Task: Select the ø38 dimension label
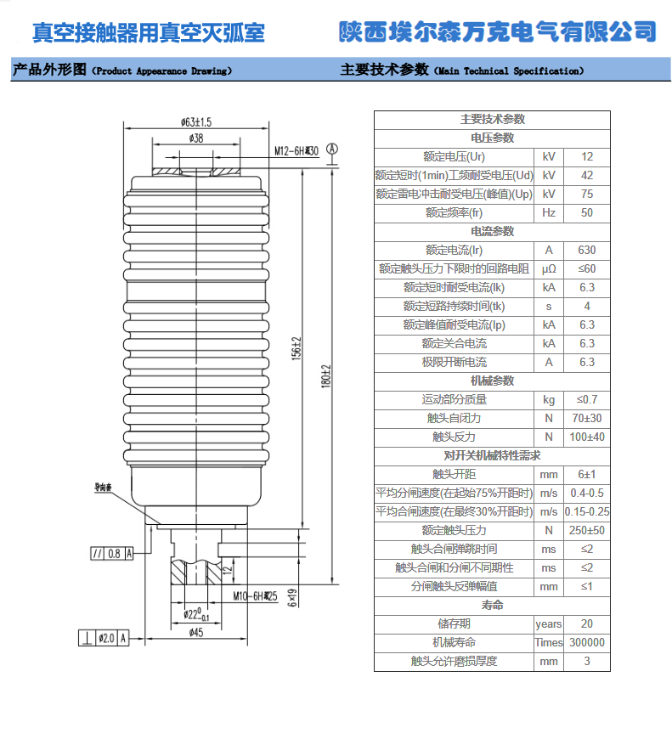click(x=196, y=138)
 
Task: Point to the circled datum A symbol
click(x=332, y=149)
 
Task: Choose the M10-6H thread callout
click(x=256, y=597)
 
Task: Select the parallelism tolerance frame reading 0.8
click(x=111, y=554)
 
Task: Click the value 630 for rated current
click(x=586, y=251)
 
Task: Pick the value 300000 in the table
click(x=586, y=643)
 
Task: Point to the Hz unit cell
click(x=549, y=213)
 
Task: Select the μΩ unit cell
click(x=549, y=269)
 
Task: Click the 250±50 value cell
click(x=586, y=531)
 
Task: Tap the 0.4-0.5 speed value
click(x=586, y=494)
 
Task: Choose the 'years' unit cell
click(x=549, y=624)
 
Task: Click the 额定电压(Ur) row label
click(x=454, y=157)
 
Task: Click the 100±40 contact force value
click(x=586, y=437)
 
